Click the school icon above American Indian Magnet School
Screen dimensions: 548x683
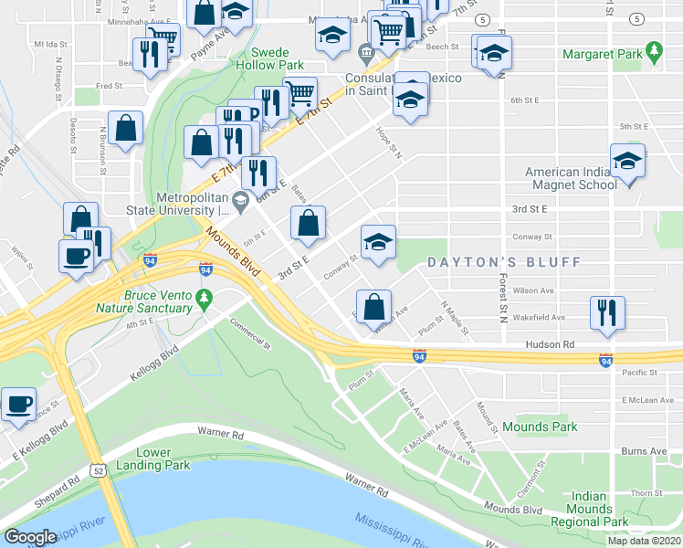coord(627,162)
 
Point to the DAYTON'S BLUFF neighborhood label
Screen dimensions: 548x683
coord(505,262)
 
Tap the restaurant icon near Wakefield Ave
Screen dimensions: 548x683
coord(606,311)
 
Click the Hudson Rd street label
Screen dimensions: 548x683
coord(549,345)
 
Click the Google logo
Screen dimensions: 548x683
coord(30,537)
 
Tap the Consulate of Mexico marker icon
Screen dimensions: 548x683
coord(366,54)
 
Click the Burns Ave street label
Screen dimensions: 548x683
coord(645,451)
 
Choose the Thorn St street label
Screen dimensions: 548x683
coord(645,492)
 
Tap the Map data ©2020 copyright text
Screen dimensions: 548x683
coord(643,541)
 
